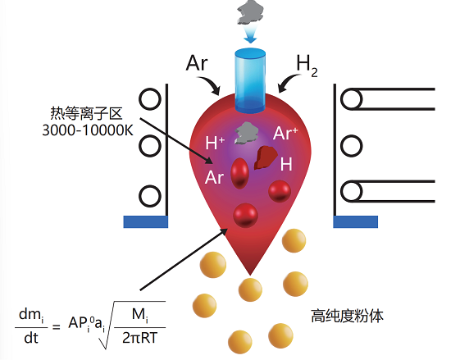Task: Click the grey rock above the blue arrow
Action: (x=251, y=12)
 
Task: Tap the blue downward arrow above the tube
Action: (x=250, y=34)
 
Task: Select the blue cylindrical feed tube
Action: (x=250, y=81)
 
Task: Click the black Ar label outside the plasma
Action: (x=197, y=63)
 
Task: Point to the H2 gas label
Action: (x=307, y=66)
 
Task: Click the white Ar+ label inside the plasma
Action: (x=285, y=133)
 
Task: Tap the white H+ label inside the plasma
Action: (x=215, y=143)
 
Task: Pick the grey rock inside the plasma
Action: (x=247, y=133)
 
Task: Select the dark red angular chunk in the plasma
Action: (x=266, y=157)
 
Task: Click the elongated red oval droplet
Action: (x=239, y=173)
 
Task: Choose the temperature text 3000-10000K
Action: (x=88, y=130)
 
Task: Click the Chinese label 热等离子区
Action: (x=86, y=113)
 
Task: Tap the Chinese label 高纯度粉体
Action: (x=348, y=316)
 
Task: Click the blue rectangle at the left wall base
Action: (x=146, y=221)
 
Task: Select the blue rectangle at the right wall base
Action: (x=356, y=221)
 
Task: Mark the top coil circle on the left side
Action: (x=149, y=99)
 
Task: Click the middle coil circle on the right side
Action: (x=352, y=146)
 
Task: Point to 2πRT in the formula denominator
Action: (x=139, y=338)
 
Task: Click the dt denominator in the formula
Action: (x=31, y=338)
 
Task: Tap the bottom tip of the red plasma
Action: (x=250, y=275)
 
